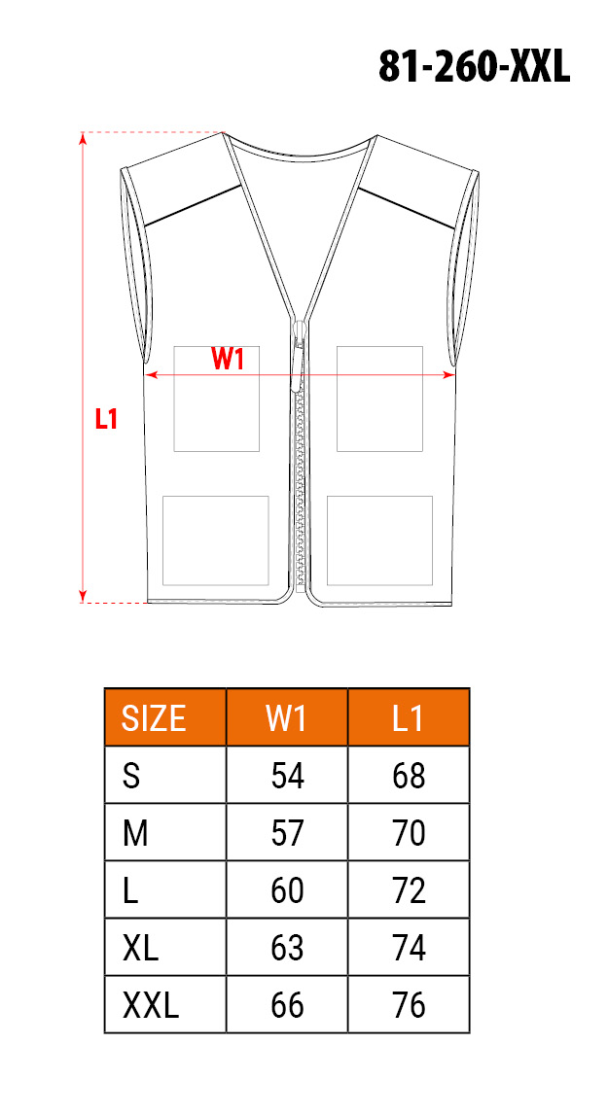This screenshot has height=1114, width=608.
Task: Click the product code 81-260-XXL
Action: coord(474,68)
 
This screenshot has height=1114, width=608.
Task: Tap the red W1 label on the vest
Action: coord(229,360)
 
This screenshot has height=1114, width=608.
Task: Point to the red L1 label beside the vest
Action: coord(106,419)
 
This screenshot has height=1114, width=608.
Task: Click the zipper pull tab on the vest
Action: coord(299,365)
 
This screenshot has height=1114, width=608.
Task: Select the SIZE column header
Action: coord(155,718)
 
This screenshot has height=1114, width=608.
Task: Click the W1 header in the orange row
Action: coord(287,718)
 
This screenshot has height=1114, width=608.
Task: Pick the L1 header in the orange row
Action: coord(409,718)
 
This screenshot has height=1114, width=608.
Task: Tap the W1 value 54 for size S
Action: coord(287,776)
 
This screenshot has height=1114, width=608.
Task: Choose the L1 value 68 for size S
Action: coord(409,776)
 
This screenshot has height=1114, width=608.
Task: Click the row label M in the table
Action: coord(135,833)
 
